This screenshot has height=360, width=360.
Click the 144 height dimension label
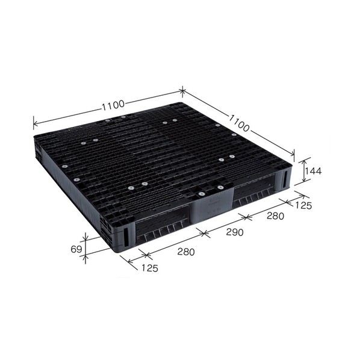click(x=312, y=171)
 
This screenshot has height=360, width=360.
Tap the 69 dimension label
click(x=76, y=249)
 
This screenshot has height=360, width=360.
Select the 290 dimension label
click(x=235, y=232)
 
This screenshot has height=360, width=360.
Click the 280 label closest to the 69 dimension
click(x=186, y=252)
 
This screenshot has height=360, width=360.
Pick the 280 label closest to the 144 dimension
click(x=275, y=216)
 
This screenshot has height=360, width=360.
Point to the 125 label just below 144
click(x=303, y=205)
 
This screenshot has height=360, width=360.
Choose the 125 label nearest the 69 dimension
click(x=150, y=268)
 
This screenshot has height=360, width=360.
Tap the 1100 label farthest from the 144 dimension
click(x=113, y=106)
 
